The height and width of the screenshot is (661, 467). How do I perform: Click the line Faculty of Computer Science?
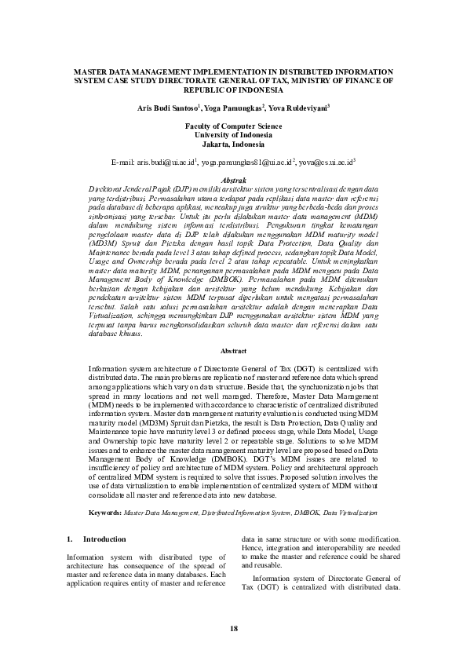pyautogui.click(x=233, y=126)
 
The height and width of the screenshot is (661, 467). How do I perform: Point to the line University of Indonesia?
pyautogui.click(x=233, y=135)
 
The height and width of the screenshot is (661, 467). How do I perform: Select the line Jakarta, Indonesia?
pyautogui.click(x=233, y=144)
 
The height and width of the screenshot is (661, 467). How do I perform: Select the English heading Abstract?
pyautogui.click(x=233, y=351)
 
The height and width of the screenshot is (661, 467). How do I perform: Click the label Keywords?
pyautogui.click(x=104, y=511)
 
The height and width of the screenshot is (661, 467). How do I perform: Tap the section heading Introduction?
pyautogui.click(x=104, y=540)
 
